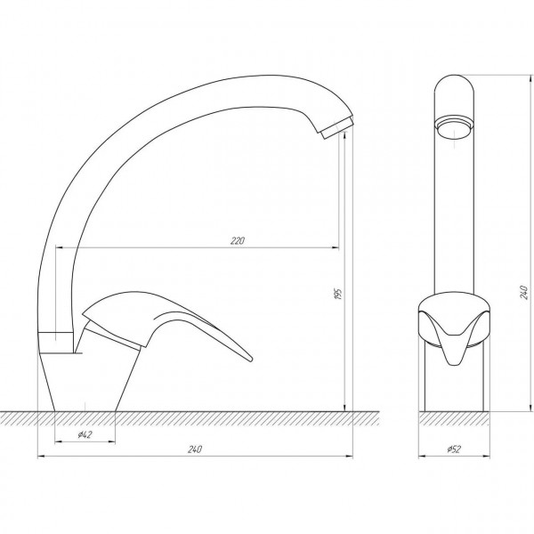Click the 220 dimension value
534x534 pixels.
click(x=238, y=241)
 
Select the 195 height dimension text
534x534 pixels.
click(x=338, y=294)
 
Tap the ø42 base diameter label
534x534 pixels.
click(x=85, y=434)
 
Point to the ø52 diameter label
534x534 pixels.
click(x=454, y=449)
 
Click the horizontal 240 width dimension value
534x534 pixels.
click(x=194, y=449)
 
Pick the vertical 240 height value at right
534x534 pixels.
click(x=524, y=292)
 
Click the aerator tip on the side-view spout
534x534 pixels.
click(x=337, y=128)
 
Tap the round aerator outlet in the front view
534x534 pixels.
click(x=454, y=128)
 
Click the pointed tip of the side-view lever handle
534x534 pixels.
click(x=251, y=359)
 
